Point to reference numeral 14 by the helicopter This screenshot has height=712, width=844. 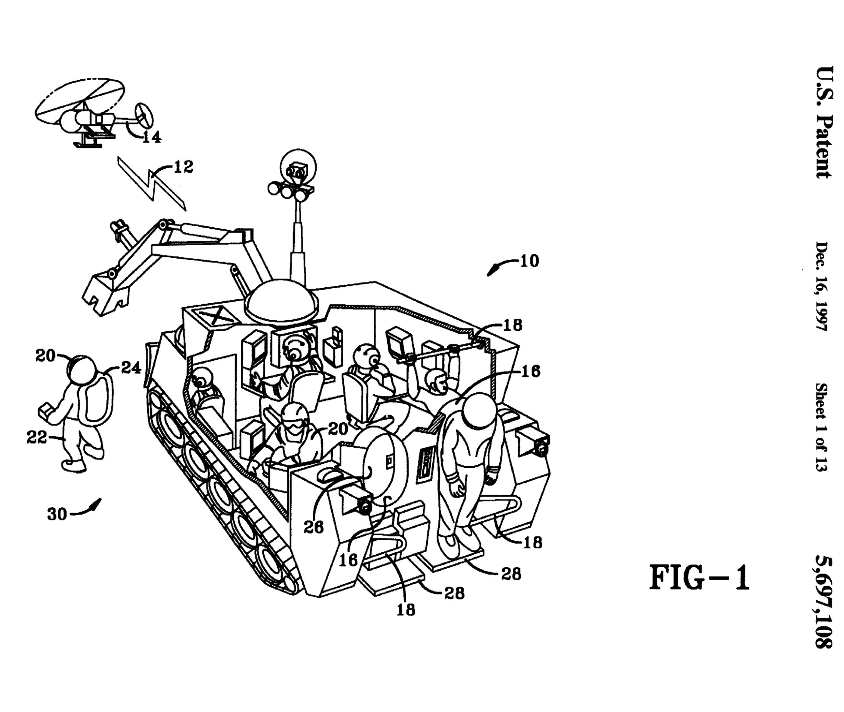(152, 137)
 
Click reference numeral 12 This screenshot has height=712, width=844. (184, 167)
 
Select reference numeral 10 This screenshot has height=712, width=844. (529, 261)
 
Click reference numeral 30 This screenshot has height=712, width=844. (57, 514)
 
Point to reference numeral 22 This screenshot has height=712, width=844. (37, 437)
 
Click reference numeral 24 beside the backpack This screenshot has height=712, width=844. (131, 368)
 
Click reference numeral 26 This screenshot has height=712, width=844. (314, 527)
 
